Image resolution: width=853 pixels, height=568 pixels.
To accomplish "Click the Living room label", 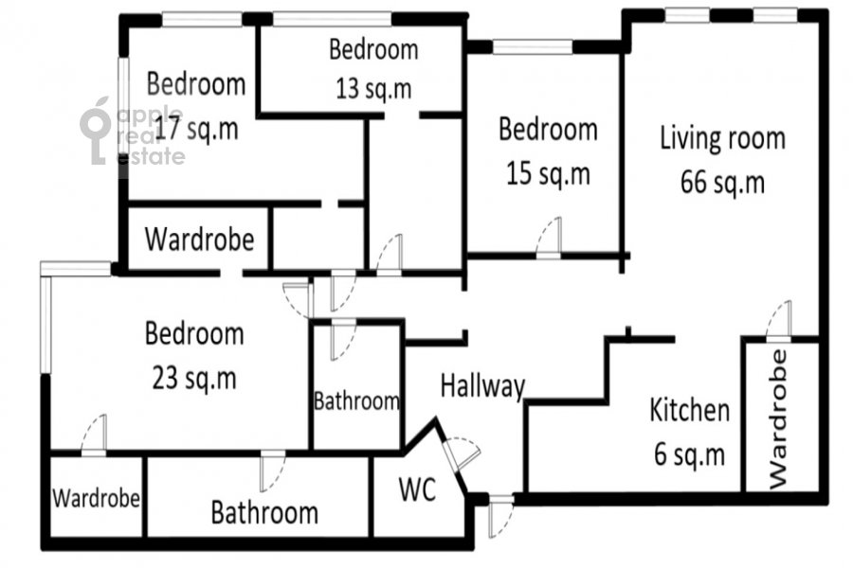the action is click(x=722, y=138).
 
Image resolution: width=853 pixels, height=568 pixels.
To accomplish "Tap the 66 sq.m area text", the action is click(x=722, y=182).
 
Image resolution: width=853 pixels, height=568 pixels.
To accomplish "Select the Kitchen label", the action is click(x=690, y=410).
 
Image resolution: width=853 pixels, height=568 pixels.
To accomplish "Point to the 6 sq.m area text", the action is click(x=690, y=454).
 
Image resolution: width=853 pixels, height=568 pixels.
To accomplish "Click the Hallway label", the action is click(x=482, y=386).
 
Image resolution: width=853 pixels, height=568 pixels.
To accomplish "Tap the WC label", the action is click(x=417, y=489).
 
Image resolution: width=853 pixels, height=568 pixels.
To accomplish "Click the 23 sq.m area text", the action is click(x=194, y=379).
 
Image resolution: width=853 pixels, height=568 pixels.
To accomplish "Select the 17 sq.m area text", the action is click(x=196, y=129).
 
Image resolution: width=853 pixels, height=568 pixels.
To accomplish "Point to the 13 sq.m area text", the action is click(x=373, y=89).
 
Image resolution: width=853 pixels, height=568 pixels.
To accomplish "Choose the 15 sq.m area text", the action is click(x=549, y=174).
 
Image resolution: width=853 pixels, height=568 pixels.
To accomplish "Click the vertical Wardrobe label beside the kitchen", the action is click(x=779, y=419).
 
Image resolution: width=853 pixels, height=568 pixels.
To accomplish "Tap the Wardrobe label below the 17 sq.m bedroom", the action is click(x=200, y=240).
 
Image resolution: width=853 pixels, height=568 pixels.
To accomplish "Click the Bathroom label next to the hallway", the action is click(x=357, y=401).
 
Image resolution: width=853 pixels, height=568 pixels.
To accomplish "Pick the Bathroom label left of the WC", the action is click(x=264, y=512).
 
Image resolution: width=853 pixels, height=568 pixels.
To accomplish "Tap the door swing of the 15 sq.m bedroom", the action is click(x=549, y=237).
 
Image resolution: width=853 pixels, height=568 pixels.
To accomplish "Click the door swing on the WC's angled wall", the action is click(x=462, y=452).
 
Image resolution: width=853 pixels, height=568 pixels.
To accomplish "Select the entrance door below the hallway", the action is click(x=501, y=516).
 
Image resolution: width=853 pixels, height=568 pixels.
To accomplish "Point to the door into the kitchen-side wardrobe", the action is click(x=778, y=321).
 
